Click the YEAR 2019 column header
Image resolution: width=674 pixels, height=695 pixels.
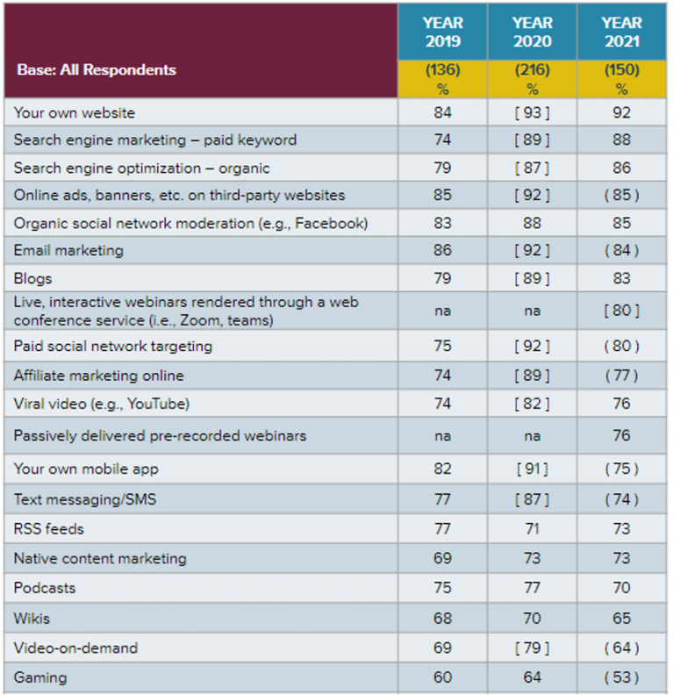[x=442, y=32]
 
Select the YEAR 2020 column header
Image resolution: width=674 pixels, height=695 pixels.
[x=532, y=32]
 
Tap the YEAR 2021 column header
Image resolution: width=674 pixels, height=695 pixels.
[x=621, y=32]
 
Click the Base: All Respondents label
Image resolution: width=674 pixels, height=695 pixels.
[x=97, y=70]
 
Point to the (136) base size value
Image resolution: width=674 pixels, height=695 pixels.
[x=442, y=70]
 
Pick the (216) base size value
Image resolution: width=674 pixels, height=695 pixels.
[x=532, y=70]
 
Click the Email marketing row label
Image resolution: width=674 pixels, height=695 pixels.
[x=68, y=251]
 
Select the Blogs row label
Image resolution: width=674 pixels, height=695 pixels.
[x=32, y=279]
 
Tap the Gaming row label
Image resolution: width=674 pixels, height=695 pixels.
[x=39, y=677]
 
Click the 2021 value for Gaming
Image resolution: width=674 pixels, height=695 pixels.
[x=621, y=677]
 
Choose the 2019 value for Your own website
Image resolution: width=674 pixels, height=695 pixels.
[x=442, y=113]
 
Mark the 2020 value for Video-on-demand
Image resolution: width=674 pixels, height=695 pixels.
[x=532, y=648]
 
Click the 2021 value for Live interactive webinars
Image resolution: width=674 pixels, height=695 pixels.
[x=621, y=311]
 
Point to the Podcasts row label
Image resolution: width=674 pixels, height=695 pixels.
[x=45, y=588]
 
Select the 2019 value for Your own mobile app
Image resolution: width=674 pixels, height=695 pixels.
[x=442, y=469]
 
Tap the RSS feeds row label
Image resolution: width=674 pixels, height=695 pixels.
[x=49, y=529]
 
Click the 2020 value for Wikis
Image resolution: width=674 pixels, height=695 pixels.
[x=532, y=619]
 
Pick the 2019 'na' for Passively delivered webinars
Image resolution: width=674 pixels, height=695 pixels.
[x=442, y=436]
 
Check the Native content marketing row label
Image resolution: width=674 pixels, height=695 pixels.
[x=100, y=559]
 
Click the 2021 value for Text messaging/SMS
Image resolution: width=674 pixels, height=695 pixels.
[x=621, y=499]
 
